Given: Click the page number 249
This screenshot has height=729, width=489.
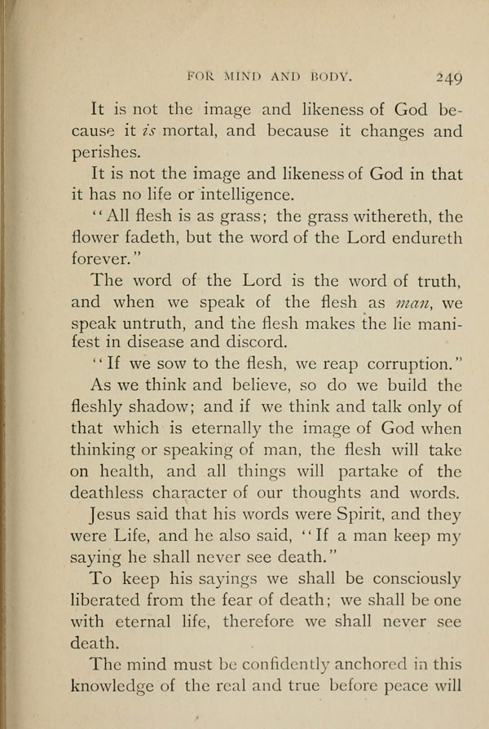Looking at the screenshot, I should tap(448, 77).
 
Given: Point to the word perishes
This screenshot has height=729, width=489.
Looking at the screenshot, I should tap(117, 152).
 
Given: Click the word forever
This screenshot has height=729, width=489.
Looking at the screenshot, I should tap(120, 259).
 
